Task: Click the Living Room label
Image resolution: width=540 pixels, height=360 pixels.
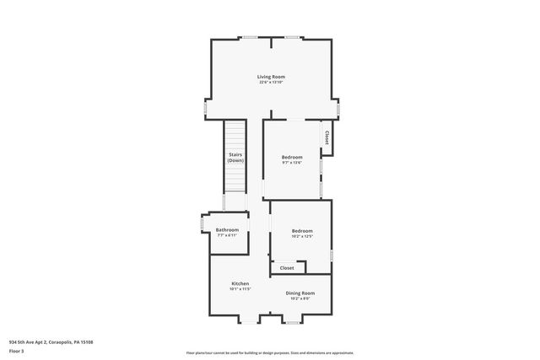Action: (x=271, y=77)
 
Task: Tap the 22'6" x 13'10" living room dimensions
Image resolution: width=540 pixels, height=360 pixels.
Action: (x=271, y=83)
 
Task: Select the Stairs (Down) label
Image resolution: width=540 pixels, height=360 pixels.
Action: (x=235, y=157)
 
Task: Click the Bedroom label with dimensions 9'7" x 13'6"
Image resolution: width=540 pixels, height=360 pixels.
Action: (x=292, y=157)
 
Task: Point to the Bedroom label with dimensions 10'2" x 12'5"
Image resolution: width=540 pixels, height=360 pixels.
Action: (x=302, y=231)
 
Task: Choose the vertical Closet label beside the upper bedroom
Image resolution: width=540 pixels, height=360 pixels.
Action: (x=327, y=137)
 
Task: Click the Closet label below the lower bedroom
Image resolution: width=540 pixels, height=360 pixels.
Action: (x=287, y=268)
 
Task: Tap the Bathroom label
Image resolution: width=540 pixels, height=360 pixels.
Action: (x=227, y=230)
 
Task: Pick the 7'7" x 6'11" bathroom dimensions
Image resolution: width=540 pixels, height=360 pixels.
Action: (x=227, y=236)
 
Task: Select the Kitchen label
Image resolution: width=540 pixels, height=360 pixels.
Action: (x=240, y=283)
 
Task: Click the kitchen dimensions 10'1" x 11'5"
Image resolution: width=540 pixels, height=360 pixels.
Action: (x=240, y=289)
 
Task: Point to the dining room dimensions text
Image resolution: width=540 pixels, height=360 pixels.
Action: (x=300, y=298)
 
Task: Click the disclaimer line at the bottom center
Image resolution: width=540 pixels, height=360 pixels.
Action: (x=270, y=352)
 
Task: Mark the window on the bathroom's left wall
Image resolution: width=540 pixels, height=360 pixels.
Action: (x=201, y=223)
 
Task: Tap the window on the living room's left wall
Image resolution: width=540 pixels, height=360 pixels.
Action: (x=206, y=110)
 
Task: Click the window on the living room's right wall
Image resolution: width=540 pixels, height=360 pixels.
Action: (x=338, y=110)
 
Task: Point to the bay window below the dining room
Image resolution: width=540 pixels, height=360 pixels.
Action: (x=292, y=321)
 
